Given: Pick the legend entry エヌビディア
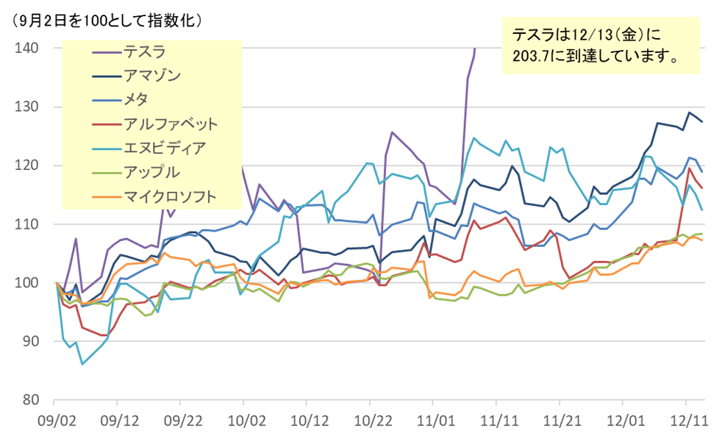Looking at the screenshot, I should [x=165, y=147].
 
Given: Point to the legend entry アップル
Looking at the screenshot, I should [x=151, y=171].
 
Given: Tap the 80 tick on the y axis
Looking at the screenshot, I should [x=29, y=401].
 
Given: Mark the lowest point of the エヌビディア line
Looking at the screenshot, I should [x=82, y=364].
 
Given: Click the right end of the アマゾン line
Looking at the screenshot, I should [x=702, y=121].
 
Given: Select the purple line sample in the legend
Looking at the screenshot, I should [x=106, y=52].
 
